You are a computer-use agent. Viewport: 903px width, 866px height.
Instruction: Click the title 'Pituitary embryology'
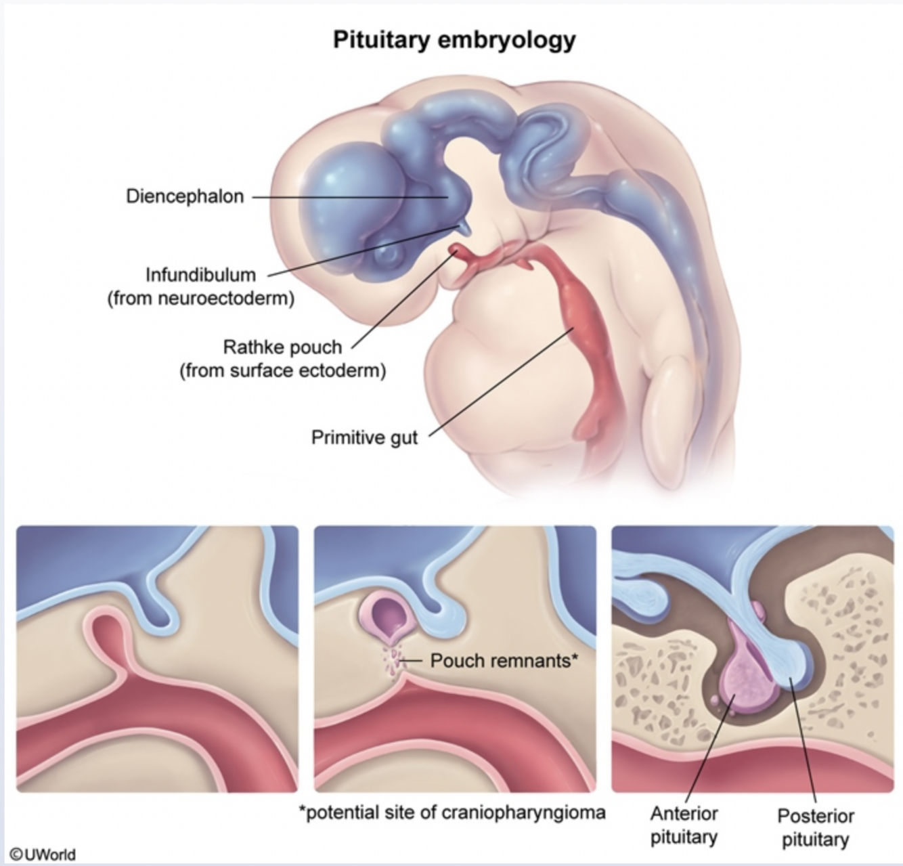[454, 39]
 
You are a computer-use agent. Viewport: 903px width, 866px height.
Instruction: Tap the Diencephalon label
[184, 196]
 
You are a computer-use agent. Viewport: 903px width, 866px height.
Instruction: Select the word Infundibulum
[201, 275]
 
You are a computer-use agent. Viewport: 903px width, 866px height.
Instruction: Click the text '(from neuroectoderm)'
[201, 298]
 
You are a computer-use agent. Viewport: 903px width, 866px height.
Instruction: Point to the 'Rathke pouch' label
[282, 347]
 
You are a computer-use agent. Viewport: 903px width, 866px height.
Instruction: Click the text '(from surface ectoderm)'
[282, 371]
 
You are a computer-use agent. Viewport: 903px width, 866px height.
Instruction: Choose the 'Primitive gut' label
[364, 437]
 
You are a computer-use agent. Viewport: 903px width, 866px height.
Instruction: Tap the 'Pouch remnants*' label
[504, 660]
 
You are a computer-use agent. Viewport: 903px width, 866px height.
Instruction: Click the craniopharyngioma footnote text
[452, 812]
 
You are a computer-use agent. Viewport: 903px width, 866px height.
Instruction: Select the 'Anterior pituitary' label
[684, 825]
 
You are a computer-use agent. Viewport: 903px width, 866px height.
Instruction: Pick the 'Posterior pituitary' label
[815, 827]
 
